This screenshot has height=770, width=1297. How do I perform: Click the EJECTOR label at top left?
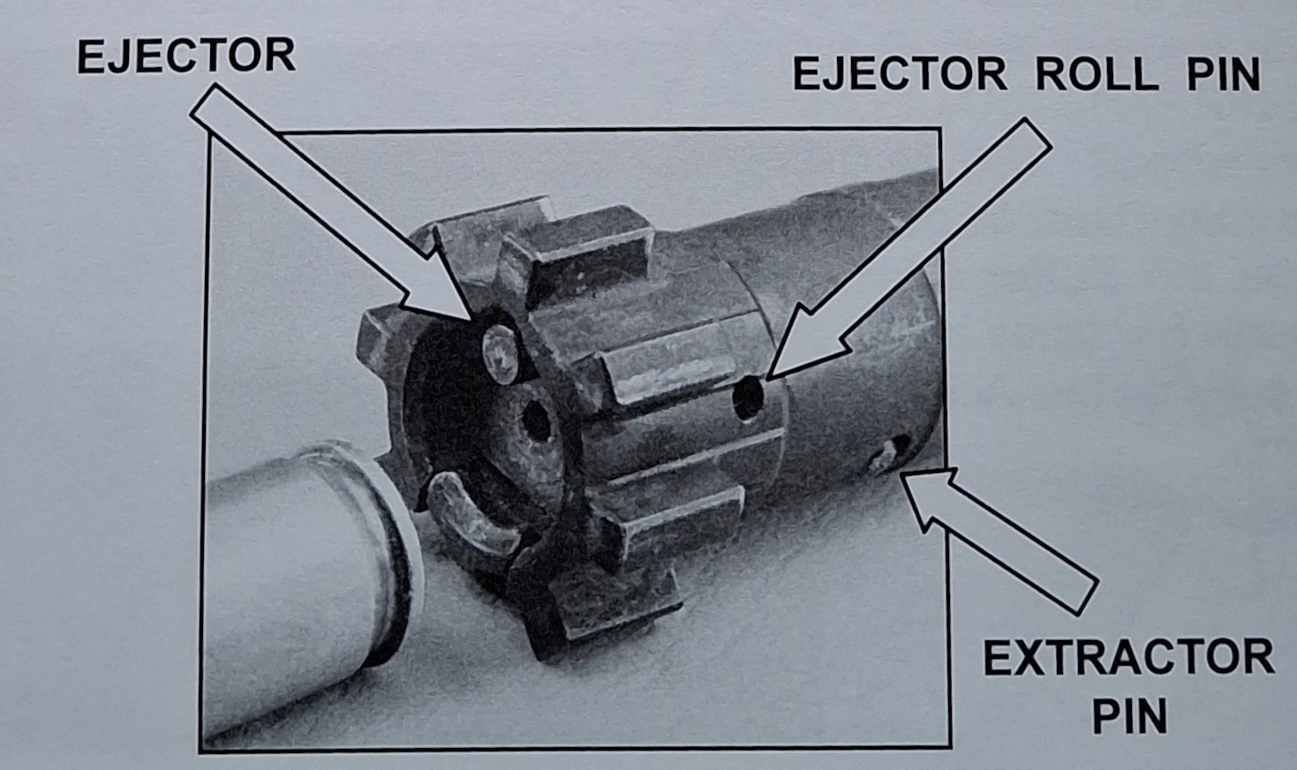pyautogui.click(x=185, y=57)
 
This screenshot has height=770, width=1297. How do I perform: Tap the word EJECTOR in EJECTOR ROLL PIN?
pyautogui.click(x=899, y=74)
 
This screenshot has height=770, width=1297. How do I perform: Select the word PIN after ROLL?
pyautogui.click(x=1223, y=74)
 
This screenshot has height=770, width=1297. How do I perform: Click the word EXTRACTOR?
pyautogui.click(x=1128, y=659)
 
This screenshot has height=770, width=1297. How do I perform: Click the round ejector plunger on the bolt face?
pyautogui.click(x=499, y=352)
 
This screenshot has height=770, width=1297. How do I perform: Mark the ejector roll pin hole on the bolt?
pyautogui.click(x=748, y=398)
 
